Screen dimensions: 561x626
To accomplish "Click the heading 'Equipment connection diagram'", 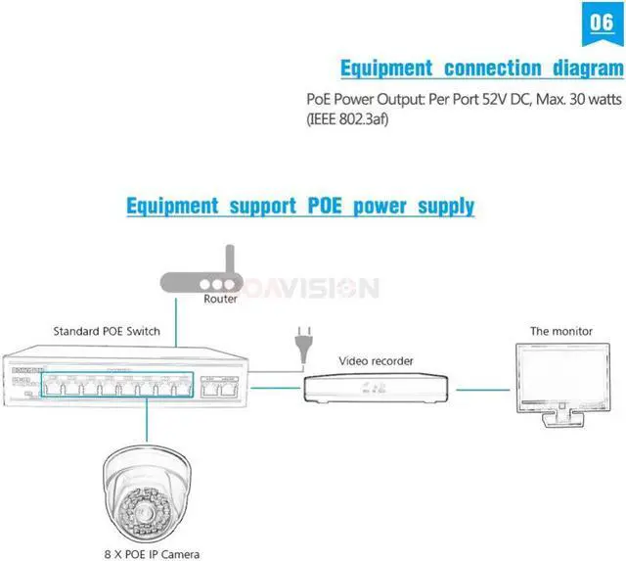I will [480, 69].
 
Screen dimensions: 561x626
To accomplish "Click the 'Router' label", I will [220, 300].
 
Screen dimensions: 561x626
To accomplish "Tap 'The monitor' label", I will [560, 332].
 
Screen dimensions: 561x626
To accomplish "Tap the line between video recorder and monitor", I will [483, 389].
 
